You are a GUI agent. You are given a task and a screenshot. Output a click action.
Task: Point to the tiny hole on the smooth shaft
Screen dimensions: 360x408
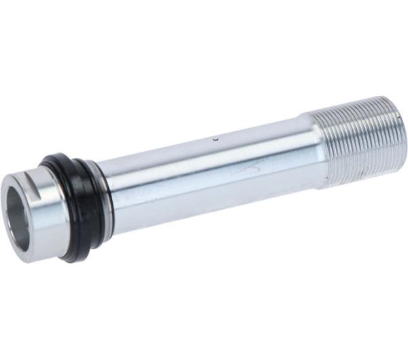[216, 140]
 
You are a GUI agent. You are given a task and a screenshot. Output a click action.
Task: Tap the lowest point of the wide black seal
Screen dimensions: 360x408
[71, 259]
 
